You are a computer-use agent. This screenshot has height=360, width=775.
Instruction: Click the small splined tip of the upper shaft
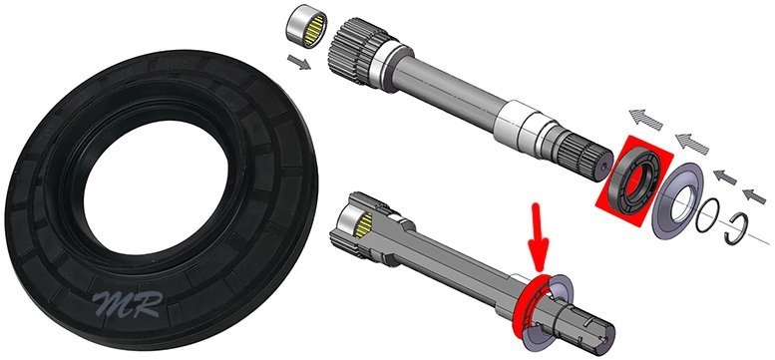[590, 158]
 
